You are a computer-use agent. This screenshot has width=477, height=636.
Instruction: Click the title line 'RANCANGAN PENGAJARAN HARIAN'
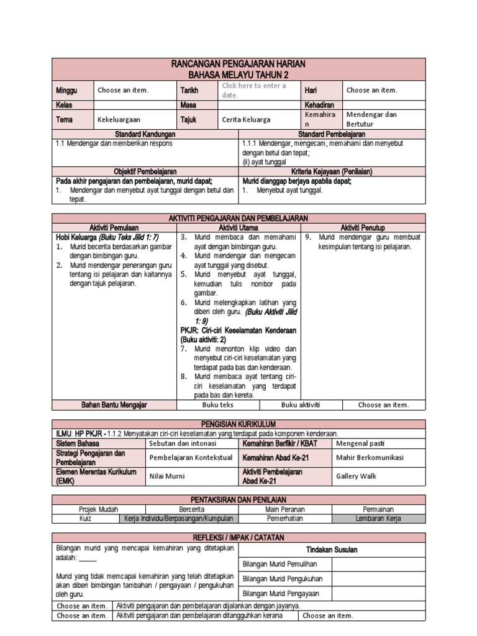tap(238, 64)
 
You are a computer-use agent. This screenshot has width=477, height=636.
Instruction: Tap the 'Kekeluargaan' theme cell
tap(119, 120)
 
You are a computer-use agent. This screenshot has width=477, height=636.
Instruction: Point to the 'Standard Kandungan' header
tap(145, 134)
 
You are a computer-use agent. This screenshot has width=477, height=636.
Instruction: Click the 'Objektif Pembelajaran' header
tap(145, 171)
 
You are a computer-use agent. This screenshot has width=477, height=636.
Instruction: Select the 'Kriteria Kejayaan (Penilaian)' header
tap(332, 171)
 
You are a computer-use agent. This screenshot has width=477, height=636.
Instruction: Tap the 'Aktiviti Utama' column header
tap(239, 228)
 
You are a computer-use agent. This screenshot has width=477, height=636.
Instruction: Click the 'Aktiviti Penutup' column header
tap(363, 228)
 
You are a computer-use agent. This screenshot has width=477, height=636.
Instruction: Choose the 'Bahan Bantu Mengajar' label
tap(114, 405)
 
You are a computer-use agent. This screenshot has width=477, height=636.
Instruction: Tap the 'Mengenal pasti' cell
tap(360, 443)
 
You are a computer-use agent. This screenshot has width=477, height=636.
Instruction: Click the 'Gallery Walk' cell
tap(356, 476)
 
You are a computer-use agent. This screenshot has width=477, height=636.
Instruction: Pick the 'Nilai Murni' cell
tap(168, 476)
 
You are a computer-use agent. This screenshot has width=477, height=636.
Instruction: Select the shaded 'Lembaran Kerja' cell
tap(378, 518)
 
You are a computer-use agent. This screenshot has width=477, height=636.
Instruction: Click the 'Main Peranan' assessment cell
tap(285, 509)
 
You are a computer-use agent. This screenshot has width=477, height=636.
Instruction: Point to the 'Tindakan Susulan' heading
tap(332, 550)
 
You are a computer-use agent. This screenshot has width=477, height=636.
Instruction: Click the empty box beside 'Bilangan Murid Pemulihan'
tap(378, 564)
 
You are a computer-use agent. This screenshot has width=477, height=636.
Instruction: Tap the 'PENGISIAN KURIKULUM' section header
tap(238, 424)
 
